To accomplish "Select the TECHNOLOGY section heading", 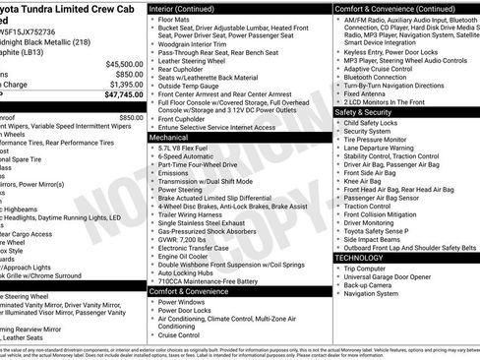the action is (x=360, y=257).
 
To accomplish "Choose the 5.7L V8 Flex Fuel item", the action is (x=189, y=150).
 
